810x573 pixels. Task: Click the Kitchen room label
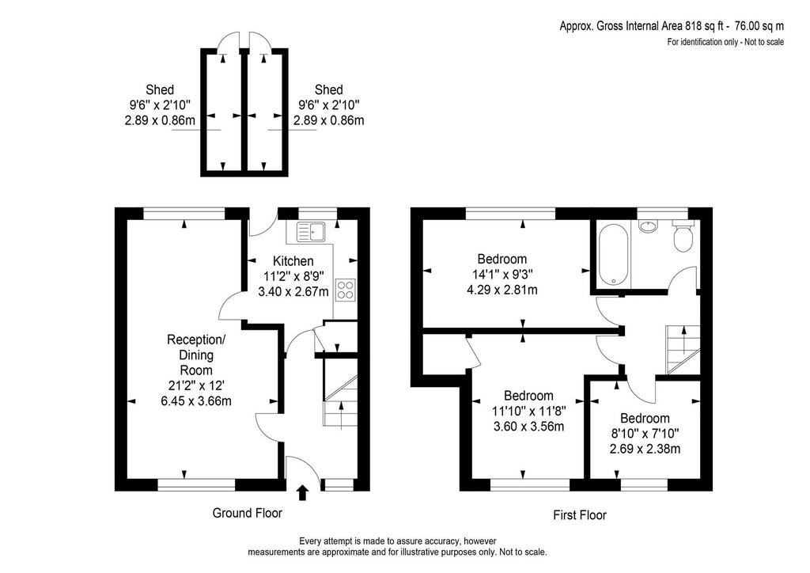point(293,261)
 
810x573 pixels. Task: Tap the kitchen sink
point(310,232)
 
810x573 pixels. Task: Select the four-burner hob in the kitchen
point(345,290)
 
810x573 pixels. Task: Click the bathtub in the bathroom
point(613,254)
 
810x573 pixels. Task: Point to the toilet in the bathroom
point(683,236)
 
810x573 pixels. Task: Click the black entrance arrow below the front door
point(303,492)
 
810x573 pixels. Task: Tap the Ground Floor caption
point(248,513)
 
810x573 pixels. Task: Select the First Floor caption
point(580,515)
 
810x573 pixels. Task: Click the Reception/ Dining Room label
point(196,355)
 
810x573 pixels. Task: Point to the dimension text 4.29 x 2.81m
point(502,290)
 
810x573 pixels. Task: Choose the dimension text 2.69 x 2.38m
point(645,449)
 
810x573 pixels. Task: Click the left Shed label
point(160,90)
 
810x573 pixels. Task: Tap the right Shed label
point(328,90)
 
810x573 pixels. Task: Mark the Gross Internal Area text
point(672,26)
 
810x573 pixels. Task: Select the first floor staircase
point(683,349)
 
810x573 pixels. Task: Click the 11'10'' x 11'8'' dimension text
point(528,412)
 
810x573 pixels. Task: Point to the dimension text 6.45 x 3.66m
point(196,401)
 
